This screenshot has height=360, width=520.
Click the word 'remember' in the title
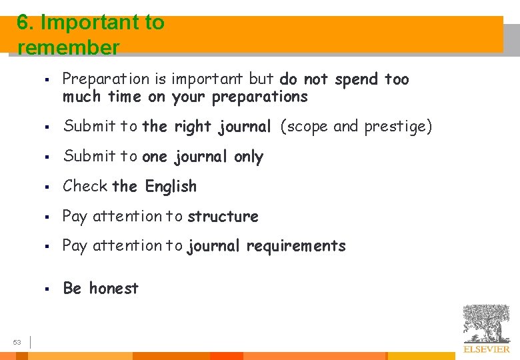click(x=69, y=48)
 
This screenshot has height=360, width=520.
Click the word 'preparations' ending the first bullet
click(x=260, y=97)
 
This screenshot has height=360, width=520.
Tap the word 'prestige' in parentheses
click(x=396, y=127)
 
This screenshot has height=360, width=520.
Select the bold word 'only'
click(x=249, y=157)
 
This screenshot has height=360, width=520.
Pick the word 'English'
click(x=171, y=187)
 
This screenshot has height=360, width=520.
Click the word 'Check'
click(x=85, y=186)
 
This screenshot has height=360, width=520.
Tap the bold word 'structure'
click(x=223, y=217)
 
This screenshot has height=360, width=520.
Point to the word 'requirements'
click(x=296, y=246)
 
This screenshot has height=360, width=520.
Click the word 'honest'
click(x=114, y=289)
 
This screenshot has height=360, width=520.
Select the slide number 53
click(x=17, y=343)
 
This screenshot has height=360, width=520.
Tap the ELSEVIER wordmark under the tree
click(x=487, y=349)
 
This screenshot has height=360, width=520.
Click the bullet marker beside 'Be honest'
click(x=49, y=289)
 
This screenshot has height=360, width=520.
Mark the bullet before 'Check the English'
click(x=49, y=187)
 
